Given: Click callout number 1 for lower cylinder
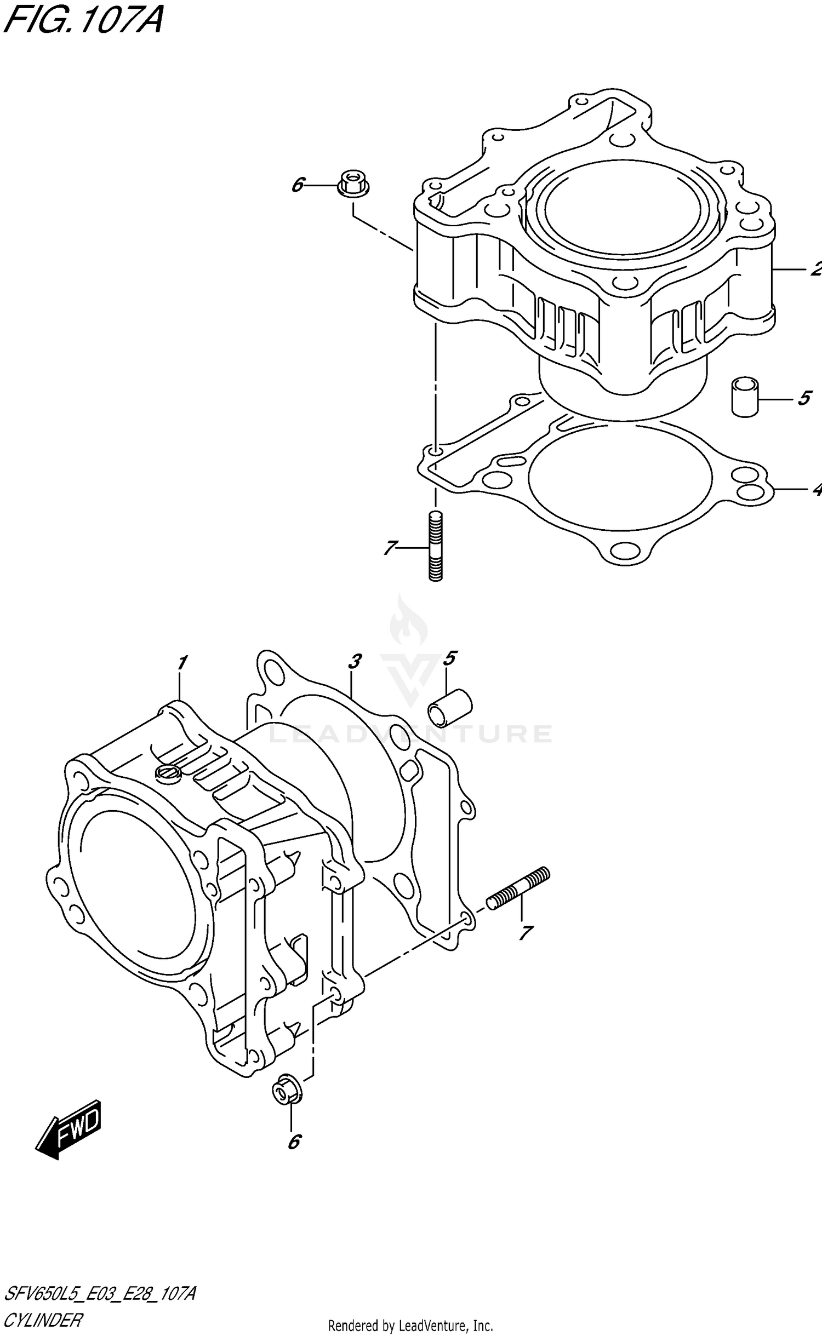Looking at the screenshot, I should (x=182, y=663).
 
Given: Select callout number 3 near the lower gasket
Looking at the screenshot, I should (x=355, y=662).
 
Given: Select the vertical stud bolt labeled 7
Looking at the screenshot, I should (x=435, y=546).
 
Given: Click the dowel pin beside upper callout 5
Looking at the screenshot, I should (x=745, y=397).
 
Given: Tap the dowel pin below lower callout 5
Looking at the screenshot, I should (x=450, y=707).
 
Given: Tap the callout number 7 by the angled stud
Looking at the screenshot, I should (x=525, y=933).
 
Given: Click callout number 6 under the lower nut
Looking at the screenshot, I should (x=294, y=1142).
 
